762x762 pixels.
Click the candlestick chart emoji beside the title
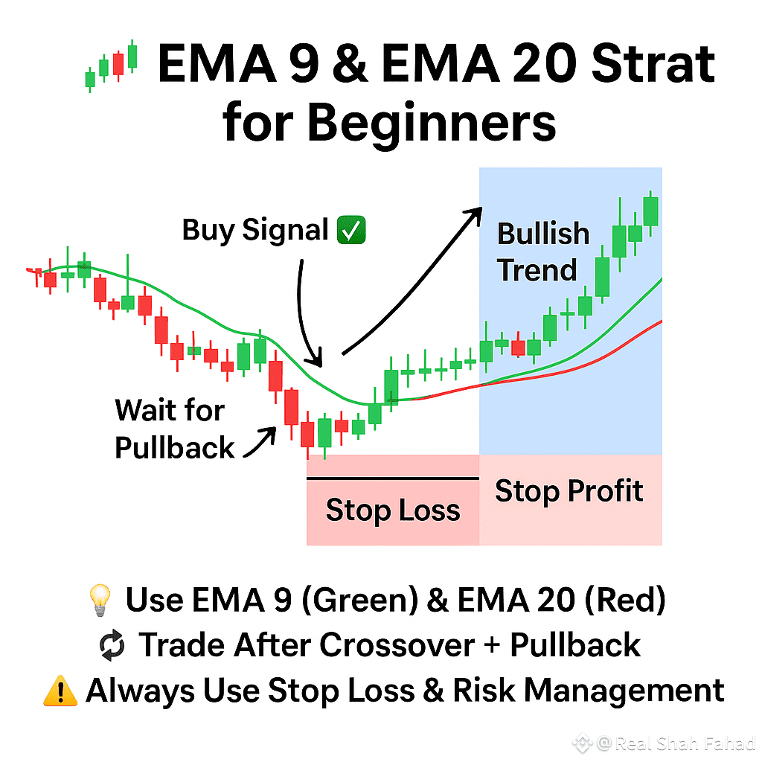[x=112, y=65]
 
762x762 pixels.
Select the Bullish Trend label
[x=542, y=252]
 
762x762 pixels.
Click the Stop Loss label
[x=393, y=510]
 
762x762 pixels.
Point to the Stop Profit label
[x=569, y=491]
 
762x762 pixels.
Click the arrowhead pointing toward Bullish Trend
[x=473, y=213]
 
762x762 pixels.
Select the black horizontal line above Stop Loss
[x=393, y=478]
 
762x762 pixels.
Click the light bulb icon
[x=100, y=601]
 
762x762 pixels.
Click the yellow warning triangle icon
[x=60, y=691]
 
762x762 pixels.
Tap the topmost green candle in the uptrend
[x=651, y=211]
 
